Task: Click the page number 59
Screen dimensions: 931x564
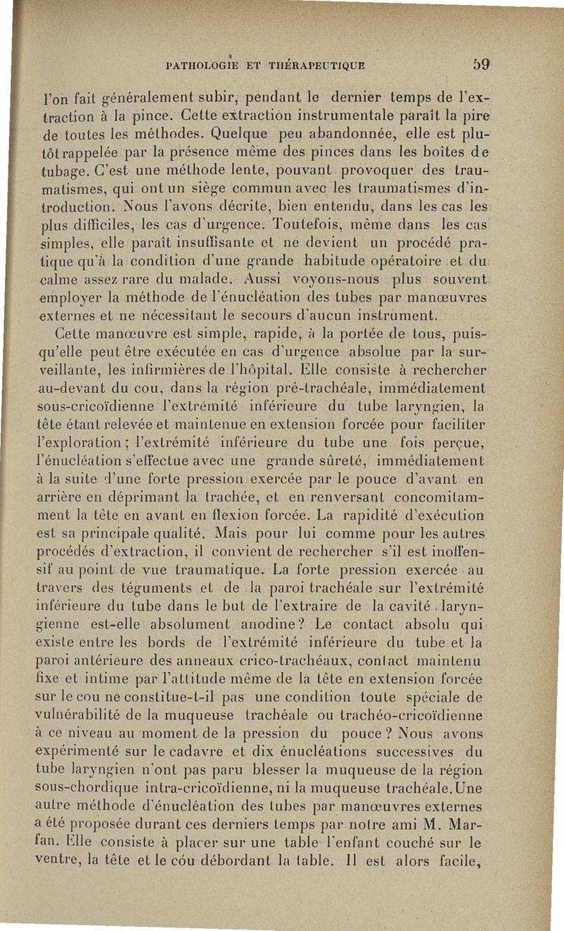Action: click(482, 66)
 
